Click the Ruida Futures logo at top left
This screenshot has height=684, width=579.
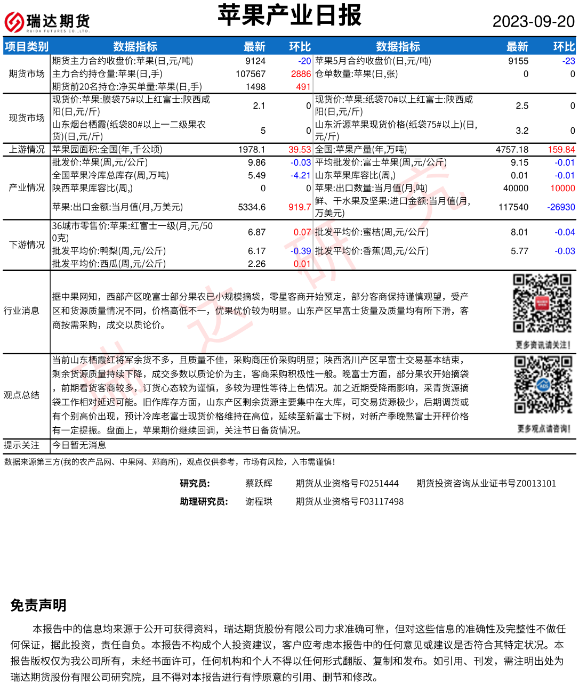coord(47,22)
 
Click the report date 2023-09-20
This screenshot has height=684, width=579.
coord(533,21)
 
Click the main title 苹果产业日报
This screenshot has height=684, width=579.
coord(289,15)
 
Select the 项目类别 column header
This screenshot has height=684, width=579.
coord(27,47)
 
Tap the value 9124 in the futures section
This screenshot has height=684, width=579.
coord(255,61)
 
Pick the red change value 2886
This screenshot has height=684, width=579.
coord(301,74)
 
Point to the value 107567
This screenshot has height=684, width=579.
coord(251,74)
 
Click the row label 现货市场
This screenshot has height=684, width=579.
coord(27,118)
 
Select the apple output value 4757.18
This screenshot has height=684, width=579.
coord(512,150)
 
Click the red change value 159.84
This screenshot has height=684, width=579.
coord(561,150)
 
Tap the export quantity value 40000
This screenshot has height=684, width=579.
coord(516,188)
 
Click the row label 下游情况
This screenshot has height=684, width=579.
coord(27,245)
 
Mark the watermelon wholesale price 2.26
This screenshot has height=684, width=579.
coord(256,264)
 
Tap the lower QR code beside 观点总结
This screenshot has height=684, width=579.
coord(543,385)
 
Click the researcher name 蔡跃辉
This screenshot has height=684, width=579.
coord(259,483)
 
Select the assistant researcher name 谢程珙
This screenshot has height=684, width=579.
coord(259,501)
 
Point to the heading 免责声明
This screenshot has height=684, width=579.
coord(38,605)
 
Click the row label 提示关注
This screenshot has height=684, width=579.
coord(21,445)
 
